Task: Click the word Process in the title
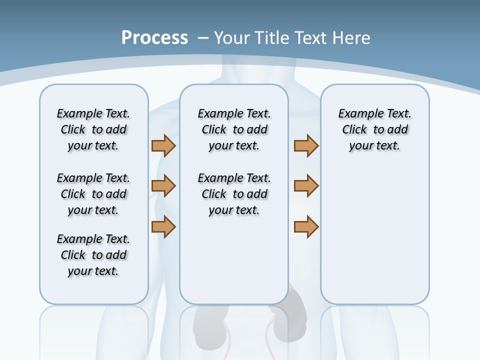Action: pos(154,38)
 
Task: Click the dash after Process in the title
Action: pos(203,38)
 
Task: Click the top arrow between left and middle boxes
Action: pos(163,145)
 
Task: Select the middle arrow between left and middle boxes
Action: pos(163,186)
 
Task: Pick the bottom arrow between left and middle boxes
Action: pos(163,226)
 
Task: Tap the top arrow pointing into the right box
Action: pos(306,145)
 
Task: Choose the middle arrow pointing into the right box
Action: pos(306,186)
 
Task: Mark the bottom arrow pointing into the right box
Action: pos(306,226)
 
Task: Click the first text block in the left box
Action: pos(93,129)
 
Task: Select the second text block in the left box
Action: pos(93,194)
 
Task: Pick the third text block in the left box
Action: pos(93,255)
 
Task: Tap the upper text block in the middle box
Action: pos(234,129)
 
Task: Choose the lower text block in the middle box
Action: pos(234,194)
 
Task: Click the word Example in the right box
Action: pos(357,114)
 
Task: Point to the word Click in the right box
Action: pos(354,130)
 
